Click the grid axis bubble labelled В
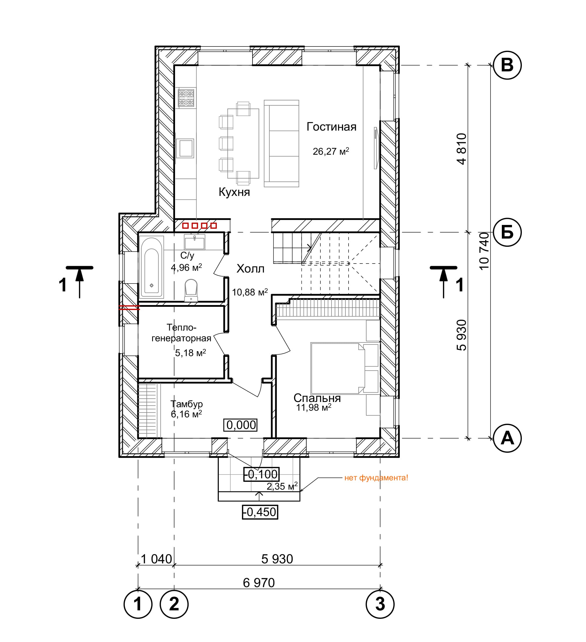point(507,65)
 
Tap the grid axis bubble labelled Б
point(507,232)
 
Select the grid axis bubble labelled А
point(507,438)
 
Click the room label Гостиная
point(331,127)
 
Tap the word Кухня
point(234,192)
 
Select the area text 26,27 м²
point(331,151)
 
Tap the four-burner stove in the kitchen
point(186,98)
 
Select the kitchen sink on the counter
point(185,148)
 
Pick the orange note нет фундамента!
point(376,478)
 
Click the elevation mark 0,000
point(241,425)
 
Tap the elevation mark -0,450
point(260,512)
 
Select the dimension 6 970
point(259,583)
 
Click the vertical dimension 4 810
point(461,149)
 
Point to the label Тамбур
point(187,404)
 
